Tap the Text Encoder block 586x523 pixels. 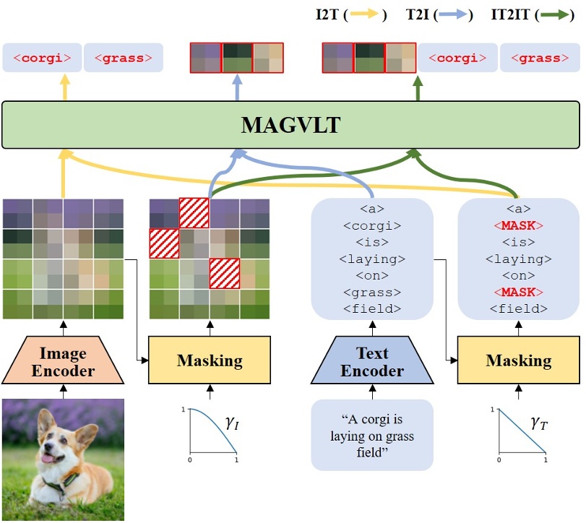[x=372, y=363]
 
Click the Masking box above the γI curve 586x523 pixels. [x=210, y=360]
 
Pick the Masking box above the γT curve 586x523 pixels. [x=518, y=360]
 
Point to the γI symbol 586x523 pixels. [x=231, y=424]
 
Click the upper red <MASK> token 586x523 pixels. [x=518, y=225]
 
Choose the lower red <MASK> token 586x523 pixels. [x=518, y=292]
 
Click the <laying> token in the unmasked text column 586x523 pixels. [x=372, y=259]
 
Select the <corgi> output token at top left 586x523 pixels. [x=42, y=58]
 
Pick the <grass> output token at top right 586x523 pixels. [x=540, y=58]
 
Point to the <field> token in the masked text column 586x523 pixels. [x=518, y=308]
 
